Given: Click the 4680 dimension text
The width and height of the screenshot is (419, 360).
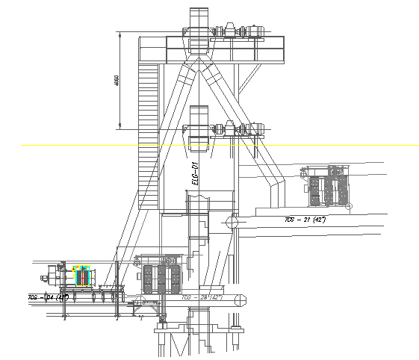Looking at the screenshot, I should (117, 81).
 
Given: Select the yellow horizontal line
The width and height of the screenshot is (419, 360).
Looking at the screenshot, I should (75, 145).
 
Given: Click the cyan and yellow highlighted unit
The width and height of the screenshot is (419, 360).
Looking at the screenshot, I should (81, 276).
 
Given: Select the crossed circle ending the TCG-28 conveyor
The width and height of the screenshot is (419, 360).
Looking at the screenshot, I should (240, 300).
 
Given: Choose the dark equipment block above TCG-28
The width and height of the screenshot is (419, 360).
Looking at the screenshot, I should (162, 279).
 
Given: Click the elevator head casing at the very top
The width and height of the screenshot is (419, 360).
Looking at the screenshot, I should (198, 19).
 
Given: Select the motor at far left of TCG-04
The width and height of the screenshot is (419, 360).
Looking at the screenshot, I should (53, 274).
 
